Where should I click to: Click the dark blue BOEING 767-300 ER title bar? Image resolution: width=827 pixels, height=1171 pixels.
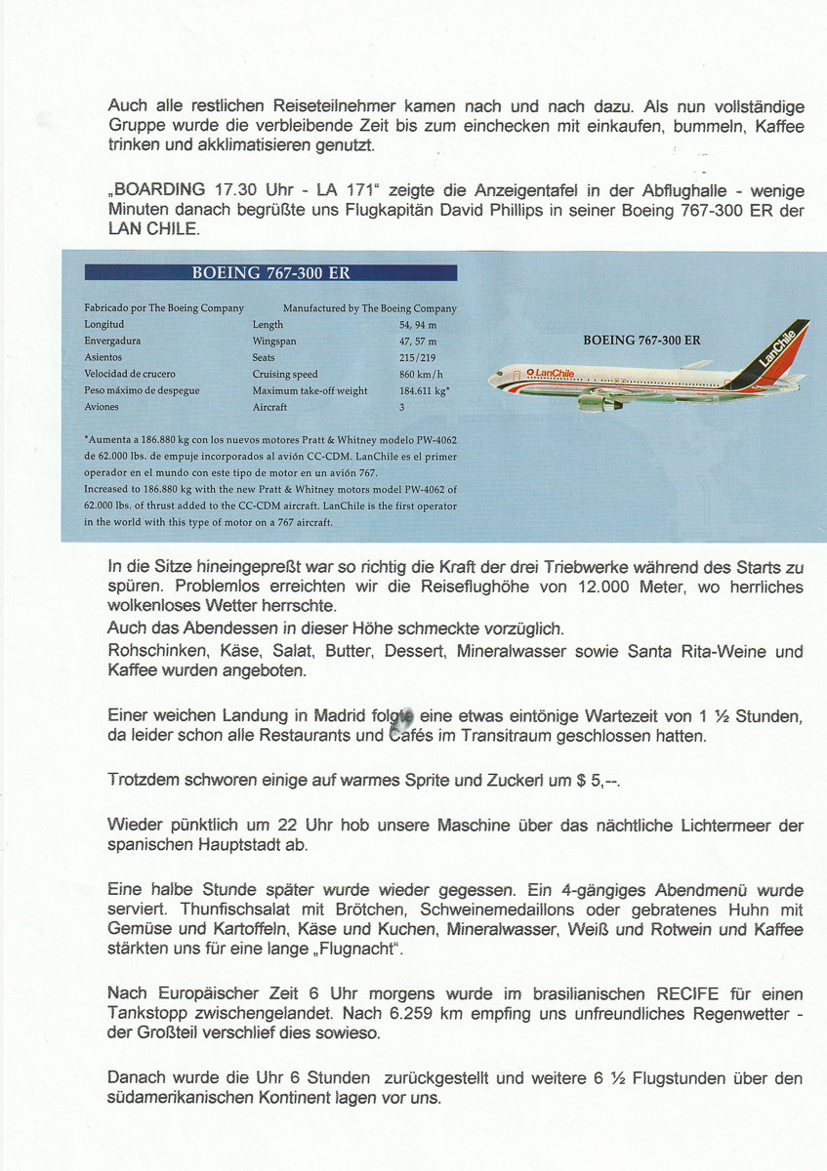(x=270, y=273)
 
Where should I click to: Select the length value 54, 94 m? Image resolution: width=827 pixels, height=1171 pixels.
(x=418, y=325)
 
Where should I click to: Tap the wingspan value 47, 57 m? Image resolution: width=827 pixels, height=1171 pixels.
(x=418, y=342)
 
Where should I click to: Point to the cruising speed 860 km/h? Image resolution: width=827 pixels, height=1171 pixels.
(x=421, y=375)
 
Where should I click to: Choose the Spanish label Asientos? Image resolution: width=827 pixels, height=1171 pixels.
(x=103, y=358)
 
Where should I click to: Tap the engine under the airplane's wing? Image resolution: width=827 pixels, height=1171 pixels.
(x=598, y=402)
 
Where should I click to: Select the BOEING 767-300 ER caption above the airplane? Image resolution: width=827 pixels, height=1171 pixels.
(x=641, y=341)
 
